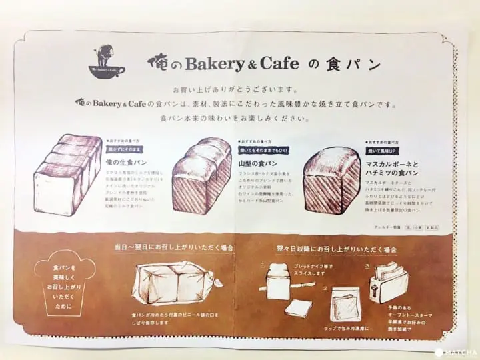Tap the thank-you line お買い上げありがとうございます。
coord(239,89)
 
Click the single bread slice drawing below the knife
coord(298,307)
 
